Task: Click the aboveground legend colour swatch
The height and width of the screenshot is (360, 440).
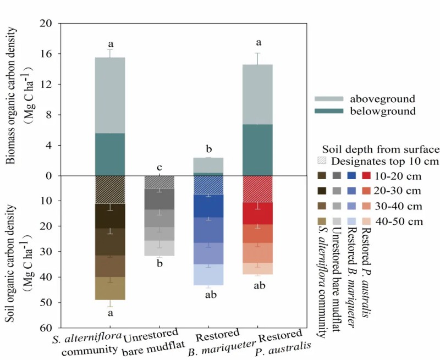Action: tap(328, 99)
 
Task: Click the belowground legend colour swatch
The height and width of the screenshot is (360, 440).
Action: tap(328, 110)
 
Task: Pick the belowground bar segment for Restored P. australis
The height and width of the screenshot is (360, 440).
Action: tap(257, 149)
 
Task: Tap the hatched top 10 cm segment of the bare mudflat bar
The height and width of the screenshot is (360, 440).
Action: tap(159, 182)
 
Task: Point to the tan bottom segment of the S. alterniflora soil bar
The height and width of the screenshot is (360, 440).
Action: tap(109, 287)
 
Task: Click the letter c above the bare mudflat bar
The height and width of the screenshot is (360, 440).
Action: tap(159, 168)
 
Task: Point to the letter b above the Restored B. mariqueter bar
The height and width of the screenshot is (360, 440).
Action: tap(209, 149)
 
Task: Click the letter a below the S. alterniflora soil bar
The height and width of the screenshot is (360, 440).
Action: tap(110, 313)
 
